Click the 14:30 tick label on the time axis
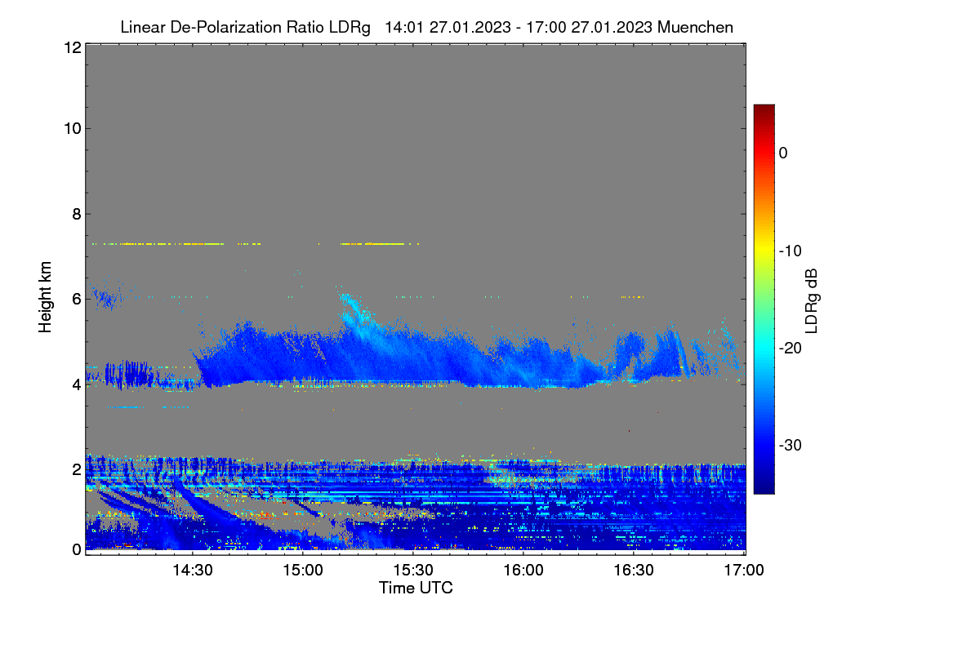pyautogui.click(x=193, y=571)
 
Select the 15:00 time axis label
pyautogui.click(x=303, y=571)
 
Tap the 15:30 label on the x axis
pyautogui.click(x=413, y=571)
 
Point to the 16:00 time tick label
pyautogui.click(x=523, y=571)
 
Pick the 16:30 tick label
pyautogui.click(x=634, y=571)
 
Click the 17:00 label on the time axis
pyautogui.click(x=744, y=571)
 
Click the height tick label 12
pyautogui.click(x=73, y=47)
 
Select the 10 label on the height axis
pyautogui.click(x=73, y=129)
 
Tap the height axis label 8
pyautogui.click(x=77, y=215)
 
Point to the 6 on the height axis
pyautogui.click(x=77, y=300)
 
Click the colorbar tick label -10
pyautogui.click(x=791, y=251)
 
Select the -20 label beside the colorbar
pyautogui.click(x=791, y=349)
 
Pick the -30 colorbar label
pyautogui.click(x=791, y=445)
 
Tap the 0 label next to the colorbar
pyautogui.click(x=783, y=153)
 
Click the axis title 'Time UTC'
pyautogui.click(x=416, y=588)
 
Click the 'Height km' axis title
pyautogui.click(x=45, y=297)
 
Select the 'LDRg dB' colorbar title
pyautogui.click(x=812, y=301)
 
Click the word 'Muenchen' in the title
pyautogui.click(x=695, y=28)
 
